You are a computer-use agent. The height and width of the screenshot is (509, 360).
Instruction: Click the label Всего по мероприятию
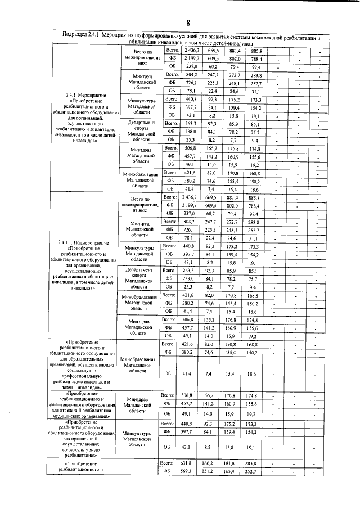tap(138, 57)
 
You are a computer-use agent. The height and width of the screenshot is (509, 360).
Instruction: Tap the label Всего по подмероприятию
tap(138, 202)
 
